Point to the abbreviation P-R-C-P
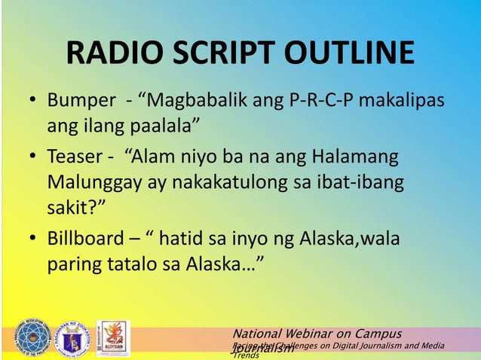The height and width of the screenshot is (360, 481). [x=321, y=101]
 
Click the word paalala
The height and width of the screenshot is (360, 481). [x=164, y=124]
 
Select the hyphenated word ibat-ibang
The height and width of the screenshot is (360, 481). [x=362, y=182]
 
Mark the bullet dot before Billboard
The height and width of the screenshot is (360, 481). [x=34, y=240]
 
